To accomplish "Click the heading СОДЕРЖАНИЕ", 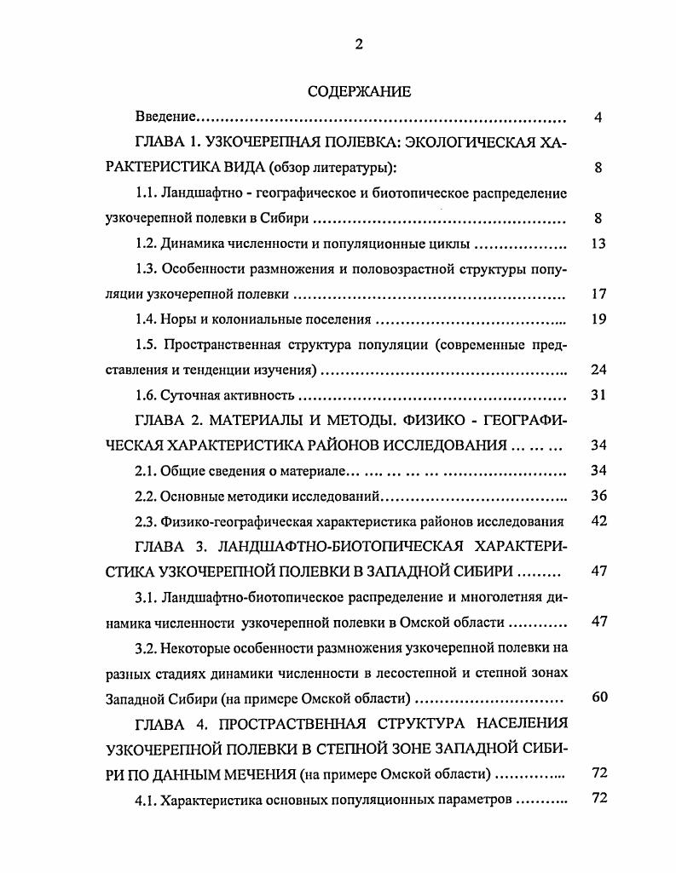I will [x=358, y=91].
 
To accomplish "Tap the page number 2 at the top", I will [x=359, y=45].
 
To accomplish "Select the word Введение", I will [x=166, y=117].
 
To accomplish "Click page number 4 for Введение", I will [x=598, y=117].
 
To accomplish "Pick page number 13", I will [x=598, y=244].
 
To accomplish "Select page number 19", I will [x=598, y=319].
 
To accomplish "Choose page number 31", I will [x=598, y=395].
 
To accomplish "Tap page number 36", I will [x=598, y=496].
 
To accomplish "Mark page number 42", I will [x=598, y=521].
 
